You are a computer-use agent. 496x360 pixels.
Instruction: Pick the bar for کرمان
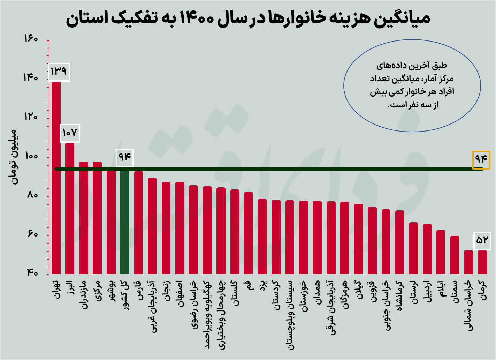[x=482, y=262]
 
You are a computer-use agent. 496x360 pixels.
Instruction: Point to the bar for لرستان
[x=413, y=248]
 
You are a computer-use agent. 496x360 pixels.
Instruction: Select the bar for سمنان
[x=455, y=255]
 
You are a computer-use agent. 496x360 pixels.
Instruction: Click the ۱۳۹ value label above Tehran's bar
[x=59, y=72]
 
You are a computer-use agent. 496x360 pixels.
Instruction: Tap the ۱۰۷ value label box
[x=70, y=133]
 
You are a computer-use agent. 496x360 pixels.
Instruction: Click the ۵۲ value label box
[x=482, y=241]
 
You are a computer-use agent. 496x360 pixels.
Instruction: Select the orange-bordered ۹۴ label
[x=481, y=159]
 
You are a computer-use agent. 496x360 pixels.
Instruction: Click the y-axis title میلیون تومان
[x=13, y=157]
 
